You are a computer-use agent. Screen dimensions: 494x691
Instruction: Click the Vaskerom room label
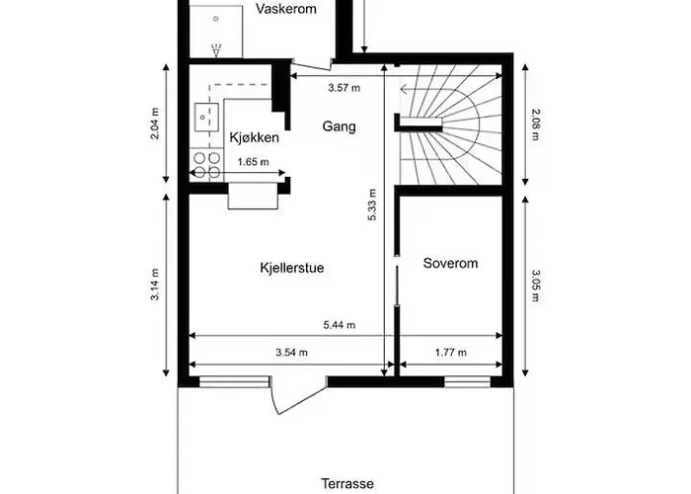(x=284, y=9)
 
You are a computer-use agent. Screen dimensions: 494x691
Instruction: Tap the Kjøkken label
(x=255, y=137)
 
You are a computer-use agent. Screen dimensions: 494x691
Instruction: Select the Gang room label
(x=339, y=126)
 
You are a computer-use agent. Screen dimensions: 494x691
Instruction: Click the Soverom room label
(x=450, y=264)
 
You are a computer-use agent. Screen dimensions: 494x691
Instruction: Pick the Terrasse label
(x=347, y=483)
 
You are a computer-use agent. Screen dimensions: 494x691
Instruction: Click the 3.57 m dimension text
(x=344, y=88)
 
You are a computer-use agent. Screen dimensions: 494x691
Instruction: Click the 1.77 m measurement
(x=449, y=352)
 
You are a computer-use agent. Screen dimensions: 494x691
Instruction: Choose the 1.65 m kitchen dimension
(x=253, y=163)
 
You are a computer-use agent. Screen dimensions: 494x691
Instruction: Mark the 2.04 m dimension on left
(x=155, y=123)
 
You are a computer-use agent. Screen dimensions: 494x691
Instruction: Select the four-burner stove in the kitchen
(x=207, y=165)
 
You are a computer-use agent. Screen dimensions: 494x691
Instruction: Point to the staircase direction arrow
(x=407, y=90)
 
